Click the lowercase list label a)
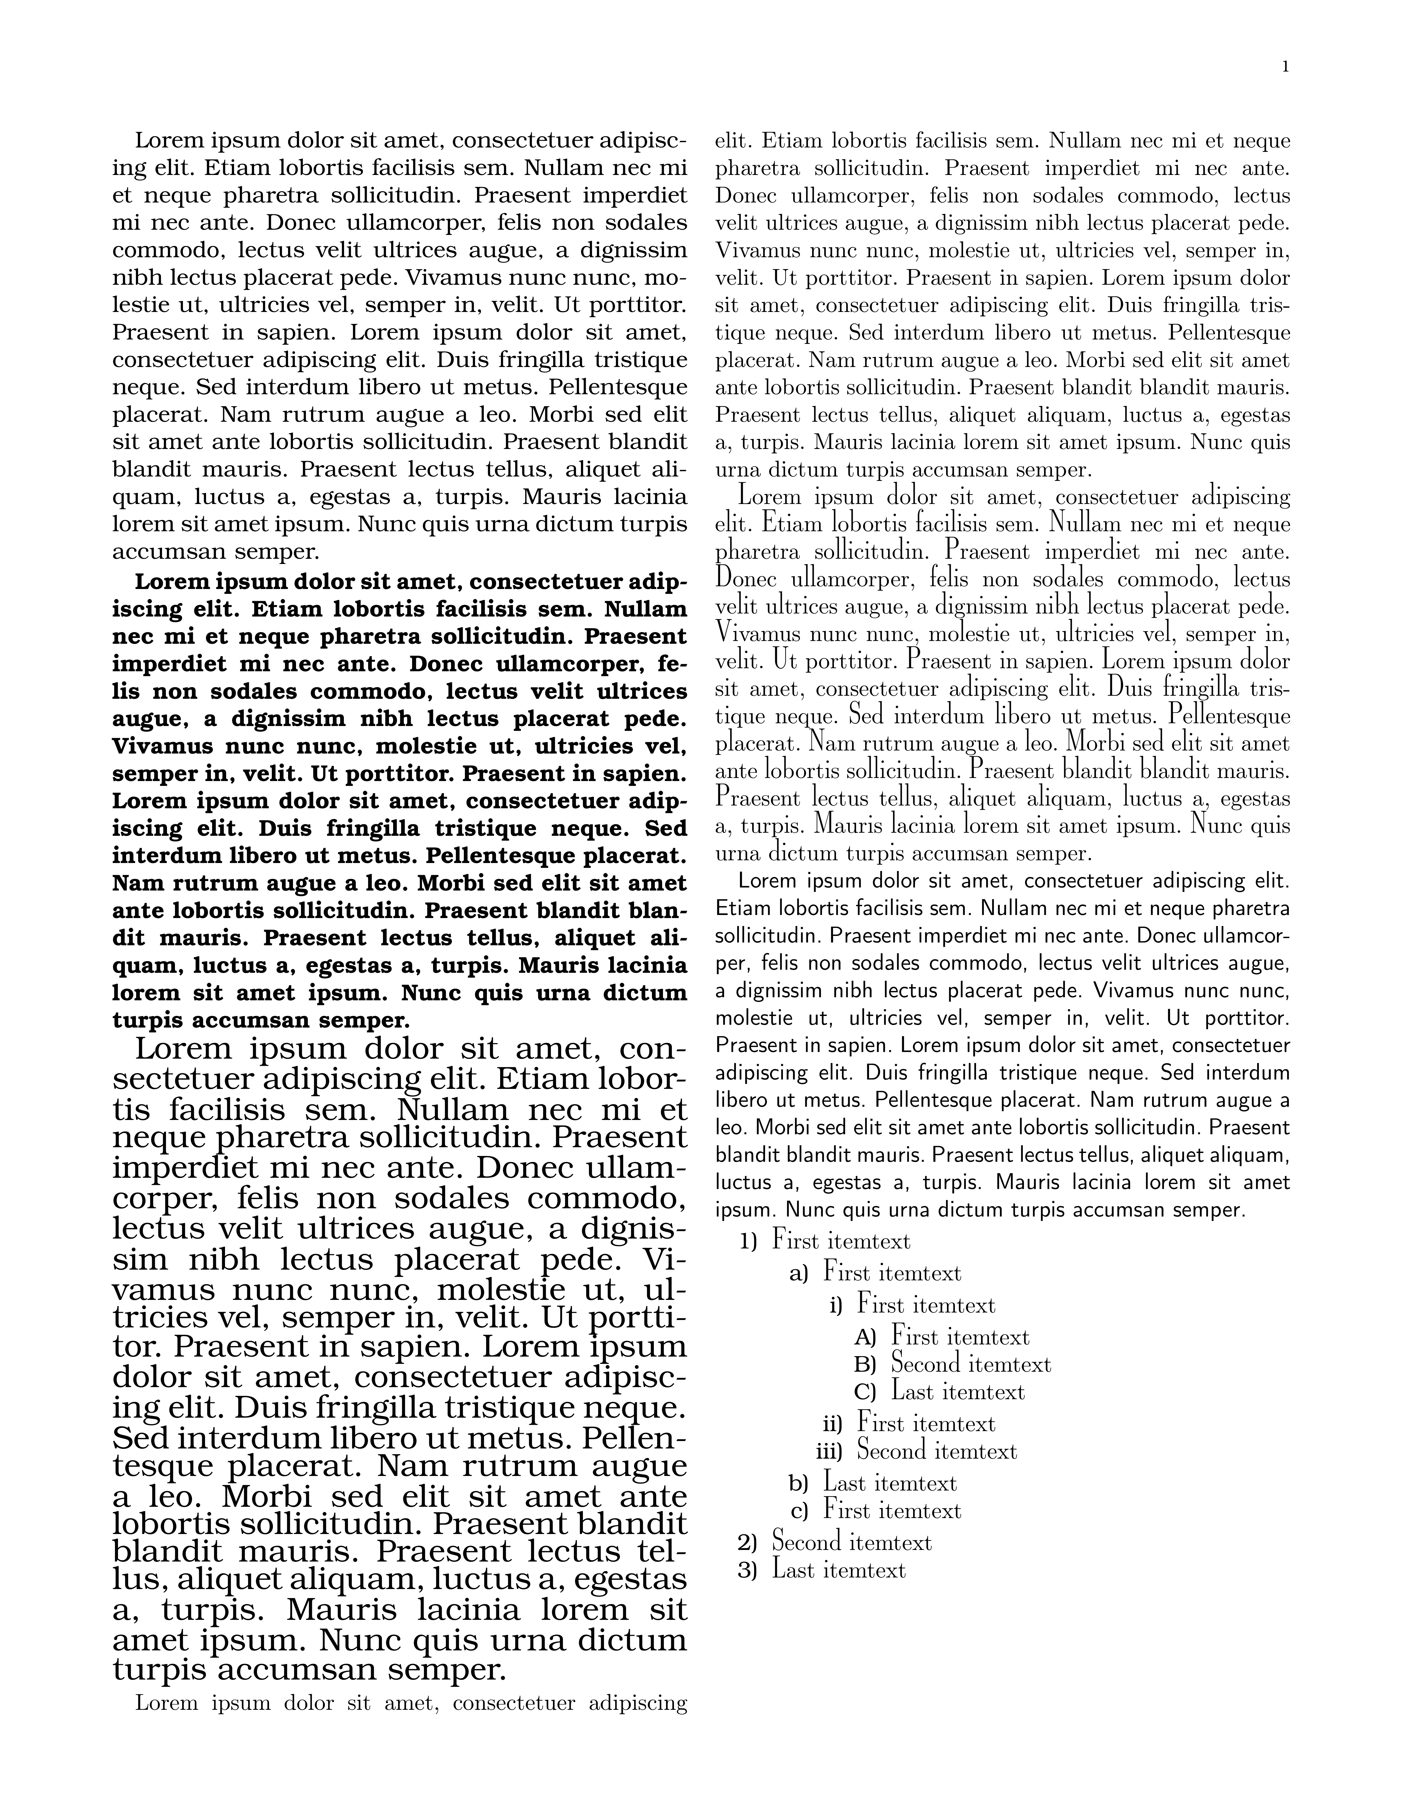[798, 1274]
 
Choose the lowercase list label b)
[798, 1483]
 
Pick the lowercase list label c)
[799, 1511]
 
